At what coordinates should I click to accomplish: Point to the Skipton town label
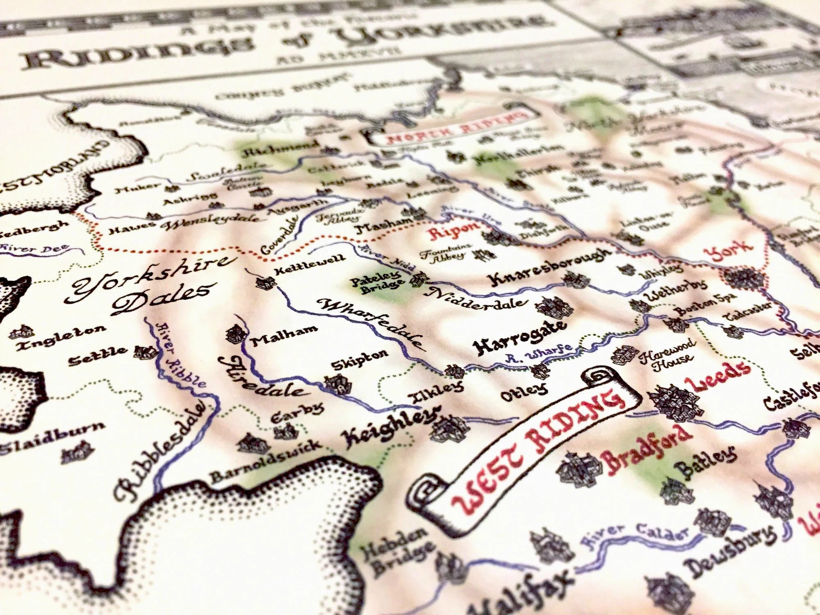click(359, 360)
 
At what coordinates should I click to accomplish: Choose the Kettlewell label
click(310, 264)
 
